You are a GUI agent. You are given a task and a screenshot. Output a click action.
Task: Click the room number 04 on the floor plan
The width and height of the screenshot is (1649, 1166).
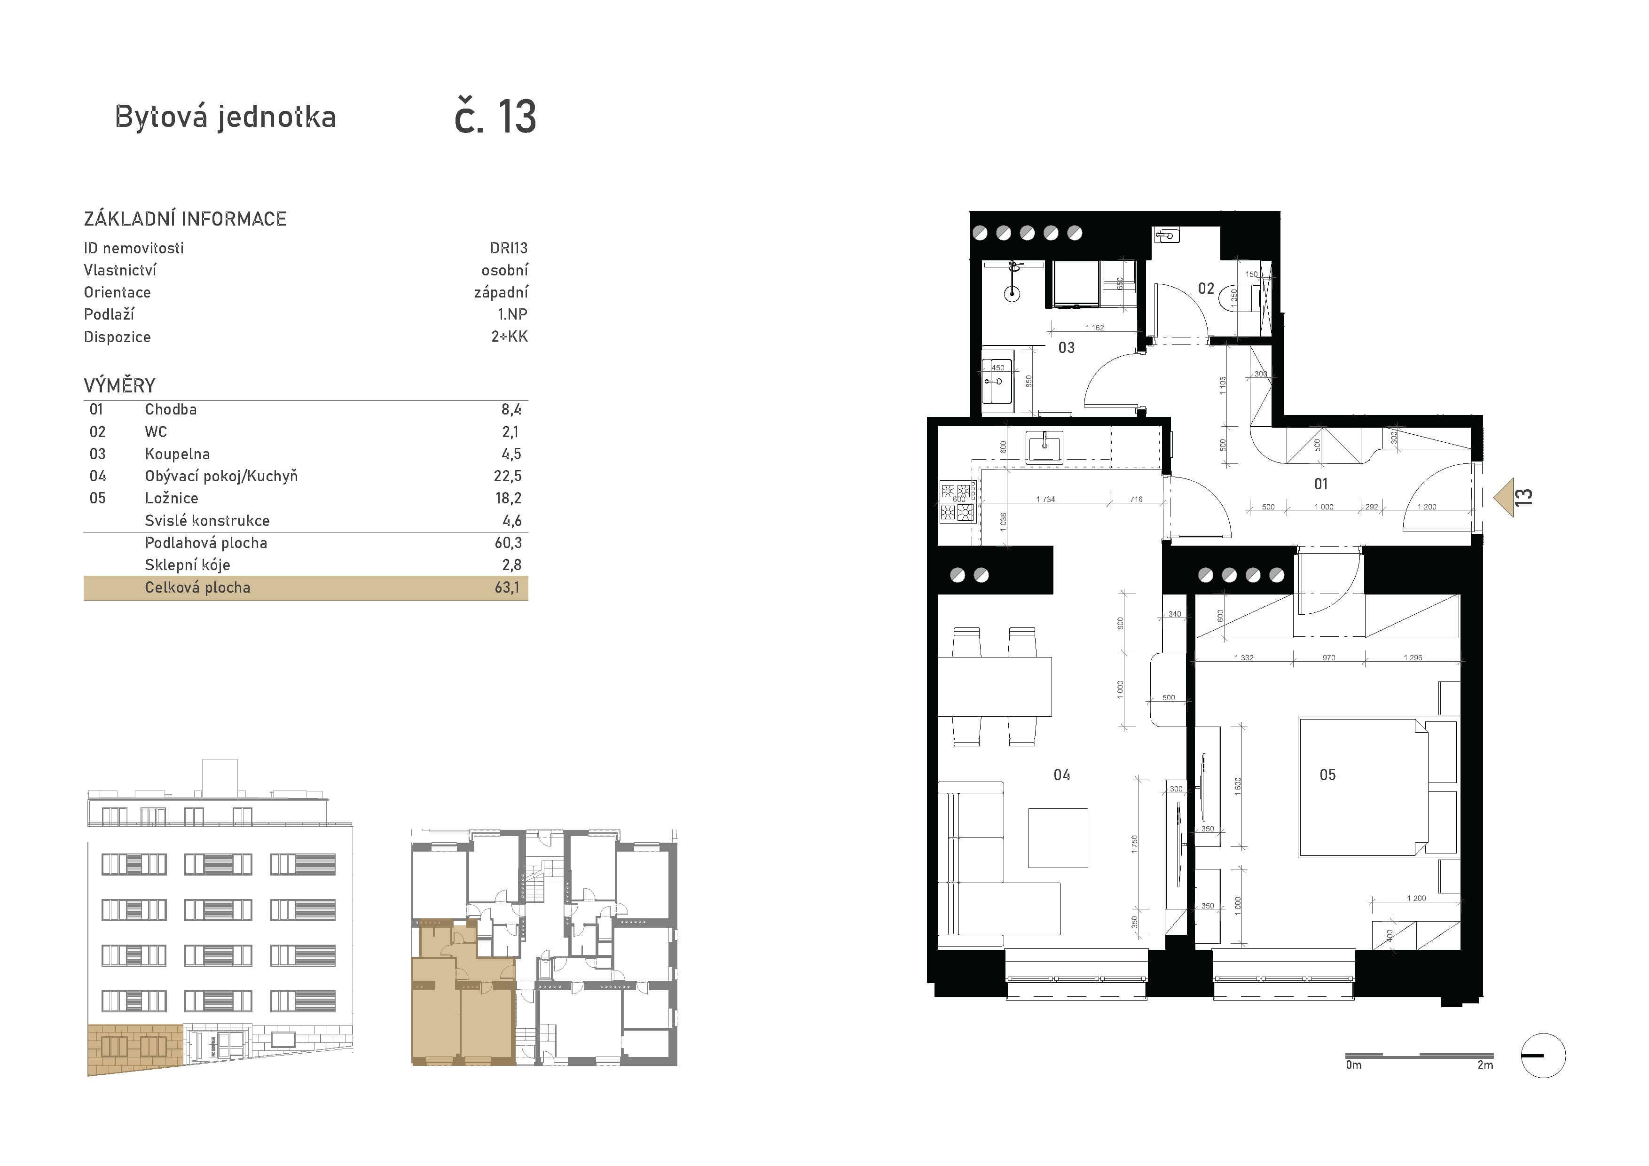[1061, 775]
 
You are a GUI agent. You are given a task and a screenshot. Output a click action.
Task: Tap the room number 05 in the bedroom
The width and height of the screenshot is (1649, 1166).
[1327, 775]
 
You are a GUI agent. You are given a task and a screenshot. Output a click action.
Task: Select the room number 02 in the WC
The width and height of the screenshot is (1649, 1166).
[1206, 289]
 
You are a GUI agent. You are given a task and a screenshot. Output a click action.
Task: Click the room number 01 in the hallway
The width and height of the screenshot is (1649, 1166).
[1321, 484]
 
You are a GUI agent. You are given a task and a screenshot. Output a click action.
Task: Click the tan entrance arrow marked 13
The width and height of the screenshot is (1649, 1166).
[1505, 498]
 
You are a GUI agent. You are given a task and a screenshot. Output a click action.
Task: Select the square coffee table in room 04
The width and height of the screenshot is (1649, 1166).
[1058, 838]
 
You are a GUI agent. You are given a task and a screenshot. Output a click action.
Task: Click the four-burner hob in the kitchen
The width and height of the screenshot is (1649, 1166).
[958, 501]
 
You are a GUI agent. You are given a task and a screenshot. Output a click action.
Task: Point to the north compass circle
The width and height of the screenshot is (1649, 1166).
[1543, 1056]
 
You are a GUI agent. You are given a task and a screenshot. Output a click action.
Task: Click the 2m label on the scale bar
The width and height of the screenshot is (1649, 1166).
[1485, 1065]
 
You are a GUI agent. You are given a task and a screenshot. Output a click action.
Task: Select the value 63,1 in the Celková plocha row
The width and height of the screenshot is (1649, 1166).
[507, 587]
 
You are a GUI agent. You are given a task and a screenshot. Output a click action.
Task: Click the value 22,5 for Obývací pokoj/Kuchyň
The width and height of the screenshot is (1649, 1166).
[507, 476]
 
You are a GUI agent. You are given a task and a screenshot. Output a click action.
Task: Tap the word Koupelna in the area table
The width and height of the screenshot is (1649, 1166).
[177, 454]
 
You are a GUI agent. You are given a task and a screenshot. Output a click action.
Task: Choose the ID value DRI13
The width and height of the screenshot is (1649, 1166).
[509, 248]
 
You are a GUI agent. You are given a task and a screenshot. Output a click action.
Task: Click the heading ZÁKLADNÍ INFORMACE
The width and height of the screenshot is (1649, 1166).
[185, 219]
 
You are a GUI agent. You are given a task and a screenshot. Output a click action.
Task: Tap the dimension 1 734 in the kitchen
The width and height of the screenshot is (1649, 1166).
[1046, 499]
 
